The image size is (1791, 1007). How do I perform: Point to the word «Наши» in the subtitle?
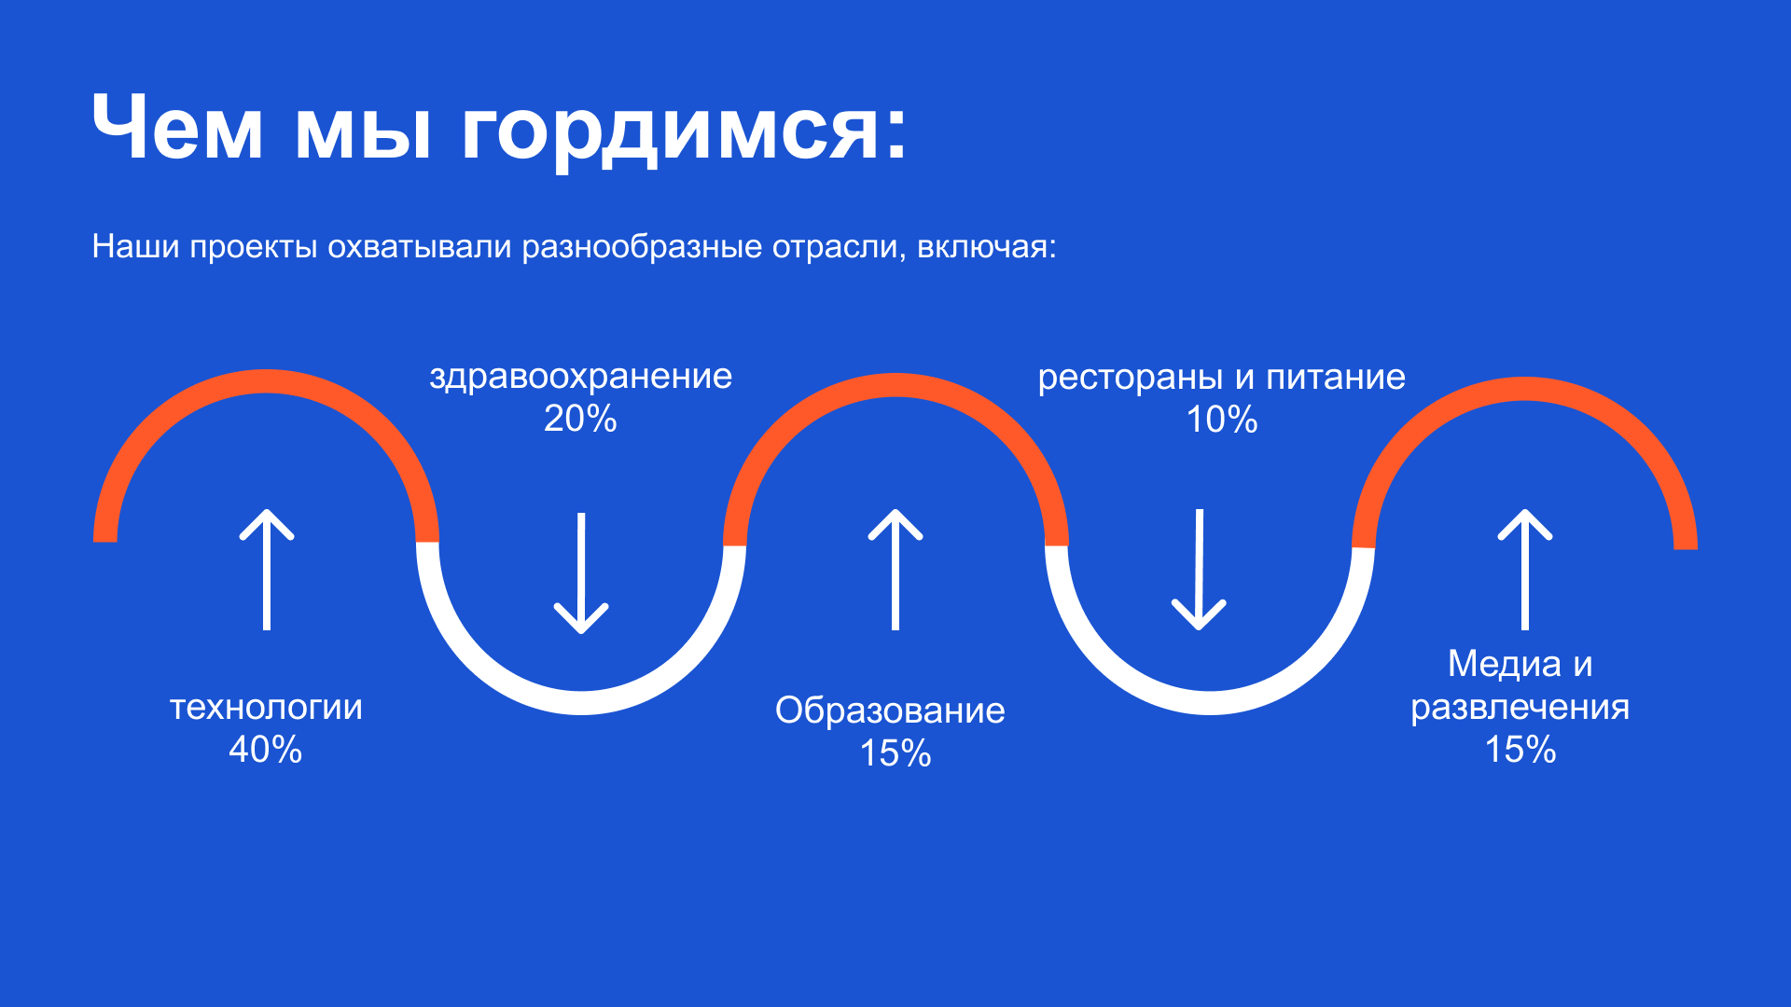[135, 247]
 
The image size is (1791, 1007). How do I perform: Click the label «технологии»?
[266, 707]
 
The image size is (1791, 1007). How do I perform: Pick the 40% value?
[266, 750]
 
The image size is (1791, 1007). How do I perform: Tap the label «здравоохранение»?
[580, 377]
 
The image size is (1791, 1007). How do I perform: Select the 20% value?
[580, 419]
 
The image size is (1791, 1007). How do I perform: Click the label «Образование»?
[890, 710]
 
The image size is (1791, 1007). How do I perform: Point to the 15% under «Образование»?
[895, 753]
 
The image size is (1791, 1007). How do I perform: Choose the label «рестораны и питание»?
[1221, 377]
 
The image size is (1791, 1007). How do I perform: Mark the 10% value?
[1222, 420]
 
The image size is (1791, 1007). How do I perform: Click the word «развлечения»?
[1520, 707]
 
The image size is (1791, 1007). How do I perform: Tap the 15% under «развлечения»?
[1520, 750]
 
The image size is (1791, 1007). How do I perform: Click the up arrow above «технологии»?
[267, 569]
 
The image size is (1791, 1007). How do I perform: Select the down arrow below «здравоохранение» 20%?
[581, 572]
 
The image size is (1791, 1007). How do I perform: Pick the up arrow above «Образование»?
[895, 569]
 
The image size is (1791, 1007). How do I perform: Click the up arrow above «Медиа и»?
[1525, 569]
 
